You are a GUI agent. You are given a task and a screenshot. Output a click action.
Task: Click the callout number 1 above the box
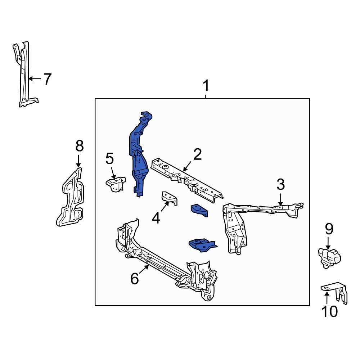206,86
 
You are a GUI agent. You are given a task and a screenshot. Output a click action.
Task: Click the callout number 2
197,155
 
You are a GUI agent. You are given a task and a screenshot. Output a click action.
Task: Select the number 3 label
280,185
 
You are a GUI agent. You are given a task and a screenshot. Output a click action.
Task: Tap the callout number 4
156,218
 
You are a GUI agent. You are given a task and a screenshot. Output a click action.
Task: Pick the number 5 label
109,158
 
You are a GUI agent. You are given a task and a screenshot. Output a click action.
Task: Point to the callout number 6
134,278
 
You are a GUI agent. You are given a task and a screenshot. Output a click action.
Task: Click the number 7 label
48,79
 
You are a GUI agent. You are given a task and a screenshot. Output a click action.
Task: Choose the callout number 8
79,146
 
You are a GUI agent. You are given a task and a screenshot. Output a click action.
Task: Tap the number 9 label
329,229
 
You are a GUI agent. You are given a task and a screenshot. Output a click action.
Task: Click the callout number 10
329,311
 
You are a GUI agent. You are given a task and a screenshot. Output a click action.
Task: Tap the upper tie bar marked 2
187,180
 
